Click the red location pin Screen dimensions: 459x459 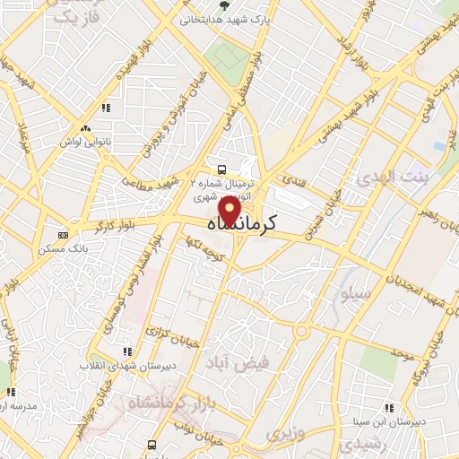pos(229,212)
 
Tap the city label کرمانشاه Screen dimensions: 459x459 pos(238,225)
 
